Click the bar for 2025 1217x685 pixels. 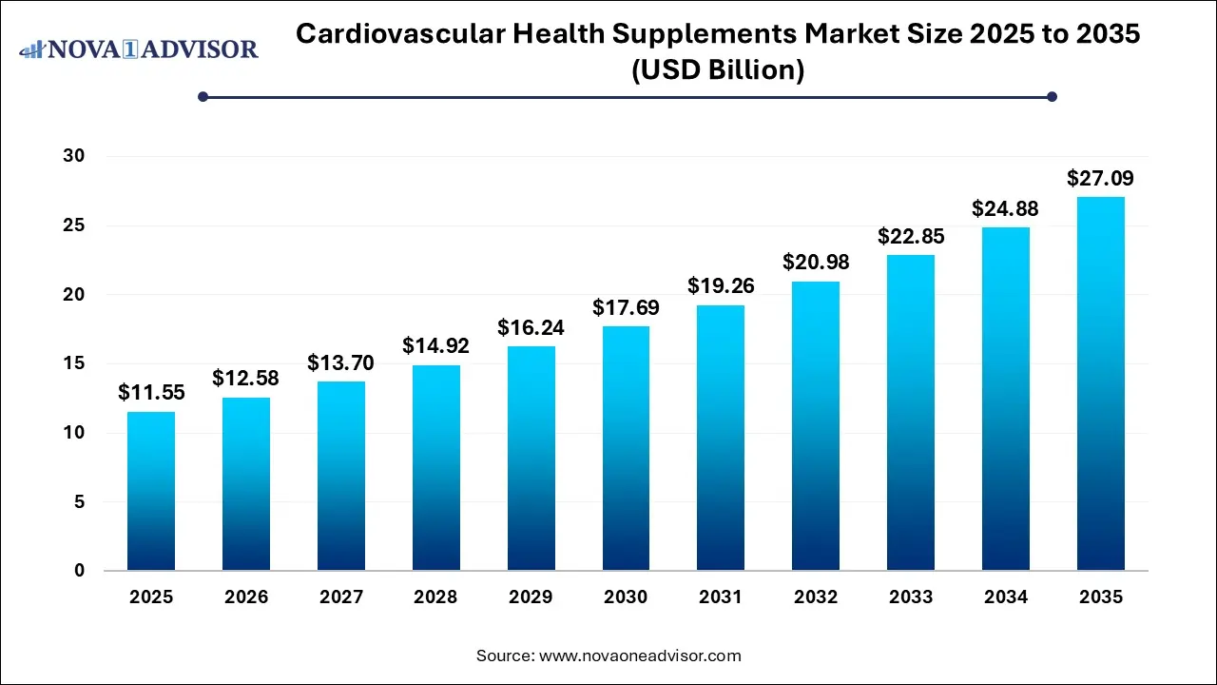(x=151, y=491)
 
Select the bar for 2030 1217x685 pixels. (x=626, y=448)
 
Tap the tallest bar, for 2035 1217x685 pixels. (x=1100, y=383)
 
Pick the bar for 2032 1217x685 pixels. (x=816, y=425)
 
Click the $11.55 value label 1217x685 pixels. (x=151, y=392)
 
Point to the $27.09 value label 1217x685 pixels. (x=1100, y=178)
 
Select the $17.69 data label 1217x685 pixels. (x=626, y=307)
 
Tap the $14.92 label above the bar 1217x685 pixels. (x=436, y=345)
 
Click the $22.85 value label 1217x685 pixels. (x=911, y=236)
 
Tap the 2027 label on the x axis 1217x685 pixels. (x=341, y=597)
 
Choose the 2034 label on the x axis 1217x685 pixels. (x=1006, y=597)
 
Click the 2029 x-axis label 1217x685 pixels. (x=531, y=597)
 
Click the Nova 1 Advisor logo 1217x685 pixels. (x=139, y=49)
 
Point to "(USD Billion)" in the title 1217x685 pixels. (x=718, y=70)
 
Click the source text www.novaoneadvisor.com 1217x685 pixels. (x=640, y=656)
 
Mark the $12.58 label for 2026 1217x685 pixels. (x=246, y=379)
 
